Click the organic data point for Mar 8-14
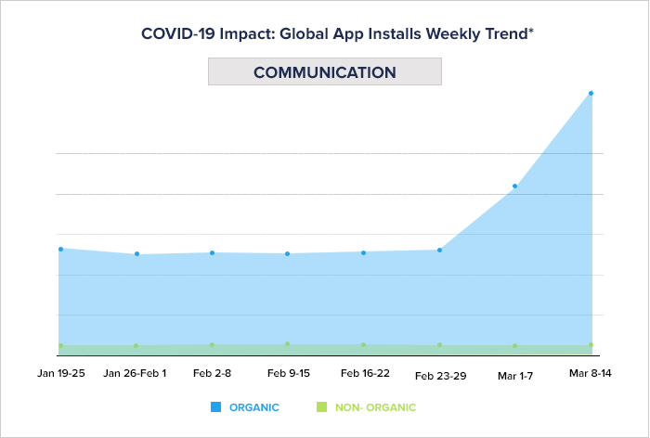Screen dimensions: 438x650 (591, 93)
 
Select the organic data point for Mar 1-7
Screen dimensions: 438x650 (514, 187)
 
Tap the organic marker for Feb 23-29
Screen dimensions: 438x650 (439, 250)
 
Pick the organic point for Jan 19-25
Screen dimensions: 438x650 (61, 249)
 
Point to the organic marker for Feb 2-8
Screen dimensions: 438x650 (213, 252)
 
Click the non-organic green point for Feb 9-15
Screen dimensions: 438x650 (288, 344)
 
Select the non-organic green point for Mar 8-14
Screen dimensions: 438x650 (591, 345)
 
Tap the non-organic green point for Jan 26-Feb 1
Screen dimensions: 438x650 (136, 346)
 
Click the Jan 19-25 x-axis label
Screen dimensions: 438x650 (61, 373)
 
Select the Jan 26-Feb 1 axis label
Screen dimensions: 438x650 (136, 373)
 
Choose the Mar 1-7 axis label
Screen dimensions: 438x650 (515, 376)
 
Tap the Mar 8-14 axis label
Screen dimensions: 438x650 (591, 373)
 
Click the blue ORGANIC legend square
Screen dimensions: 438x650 (215, 407)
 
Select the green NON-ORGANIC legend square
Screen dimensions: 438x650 (321, 407)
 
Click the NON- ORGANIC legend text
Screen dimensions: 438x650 (375, 407)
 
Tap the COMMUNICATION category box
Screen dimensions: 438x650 (324, 72)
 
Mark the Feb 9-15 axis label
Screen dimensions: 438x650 (289, 373)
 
